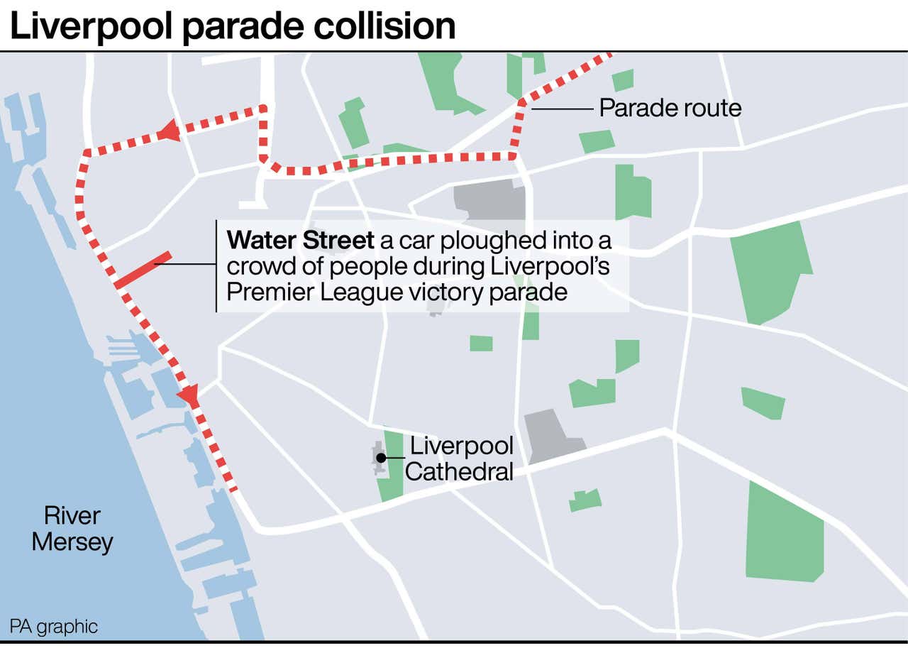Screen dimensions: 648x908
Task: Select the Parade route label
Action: [670, 108]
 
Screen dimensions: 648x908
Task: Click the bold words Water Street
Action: [300, 241]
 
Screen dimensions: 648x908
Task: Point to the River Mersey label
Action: [72, 529]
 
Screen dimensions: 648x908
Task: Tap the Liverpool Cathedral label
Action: [460, 458]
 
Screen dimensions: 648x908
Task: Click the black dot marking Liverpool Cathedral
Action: [381, 458]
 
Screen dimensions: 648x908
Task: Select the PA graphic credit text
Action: [53, 627]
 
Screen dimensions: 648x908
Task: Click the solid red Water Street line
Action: [143, 270]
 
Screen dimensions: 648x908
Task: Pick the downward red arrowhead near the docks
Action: [189, 395]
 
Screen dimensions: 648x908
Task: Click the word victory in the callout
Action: [435, 292]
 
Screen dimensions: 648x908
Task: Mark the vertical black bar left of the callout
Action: [216, 265]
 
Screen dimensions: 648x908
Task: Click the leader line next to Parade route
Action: [562, 109]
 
